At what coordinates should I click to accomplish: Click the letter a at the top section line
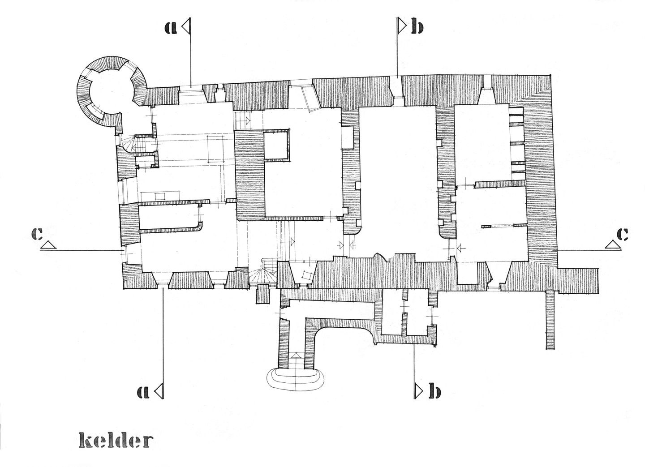170,28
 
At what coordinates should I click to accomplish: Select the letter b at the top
416,28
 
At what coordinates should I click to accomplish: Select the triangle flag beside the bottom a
159,391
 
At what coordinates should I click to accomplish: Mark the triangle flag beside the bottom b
419,391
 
